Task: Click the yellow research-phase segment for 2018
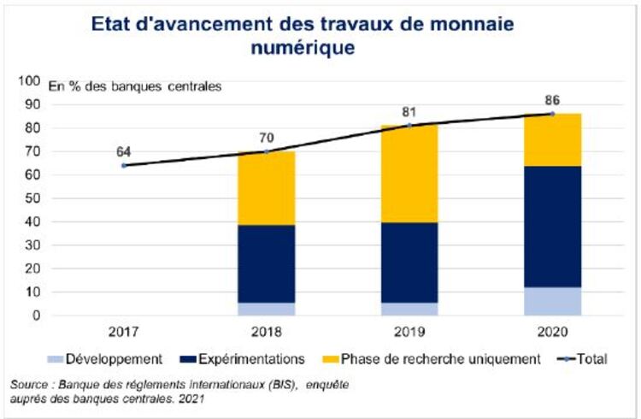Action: pyautogui.click(x=267, y=188)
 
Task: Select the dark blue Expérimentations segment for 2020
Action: pyautogui.click(x=552, y=227)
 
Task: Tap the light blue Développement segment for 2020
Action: pyautogui.click(x=552, y=301)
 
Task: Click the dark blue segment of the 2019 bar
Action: pyautogui.click(x=409, y=263)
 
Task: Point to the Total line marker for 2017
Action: pyautogui.click(x=124, y=165)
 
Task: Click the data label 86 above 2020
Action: pyautogui.click(x=552, y=100)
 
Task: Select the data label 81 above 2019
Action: pyautogui.click(x=409, y=112)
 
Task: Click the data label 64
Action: pyautogui.click(x=124, y=151)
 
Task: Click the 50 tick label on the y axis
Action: pyautogui.click(x=32, y=198)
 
